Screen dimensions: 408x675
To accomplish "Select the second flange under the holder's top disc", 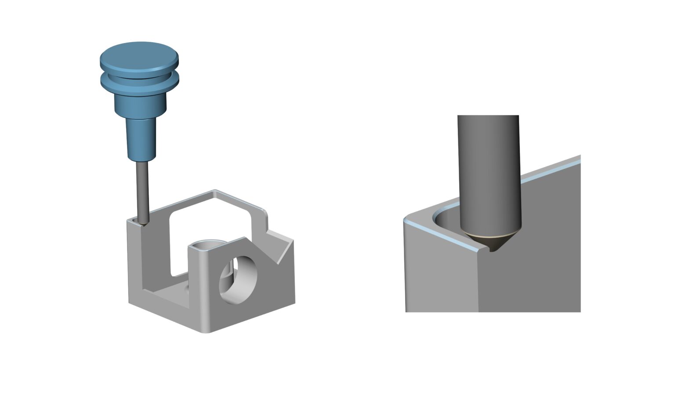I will [x=139, y=81].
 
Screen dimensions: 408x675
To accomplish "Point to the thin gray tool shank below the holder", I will [x=142, y=189].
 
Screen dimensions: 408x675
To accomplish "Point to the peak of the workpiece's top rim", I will [x=215, y=192].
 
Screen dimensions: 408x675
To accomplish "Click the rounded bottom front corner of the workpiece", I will [x=205, y=329].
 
